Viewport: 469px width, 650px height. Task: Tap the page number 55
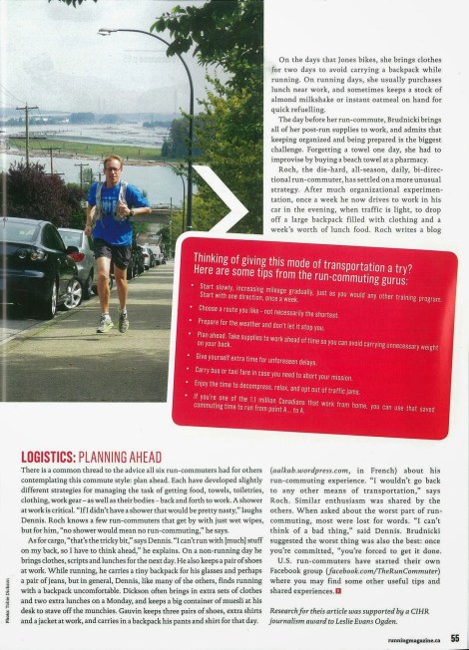click(x=453, y=638)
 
